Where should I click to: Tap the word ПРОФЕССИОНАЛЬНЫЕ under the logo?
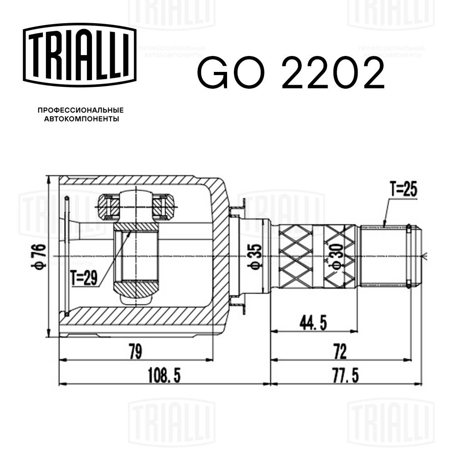click(81, 110)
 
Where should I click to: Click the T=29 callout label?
click(84, 277)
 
